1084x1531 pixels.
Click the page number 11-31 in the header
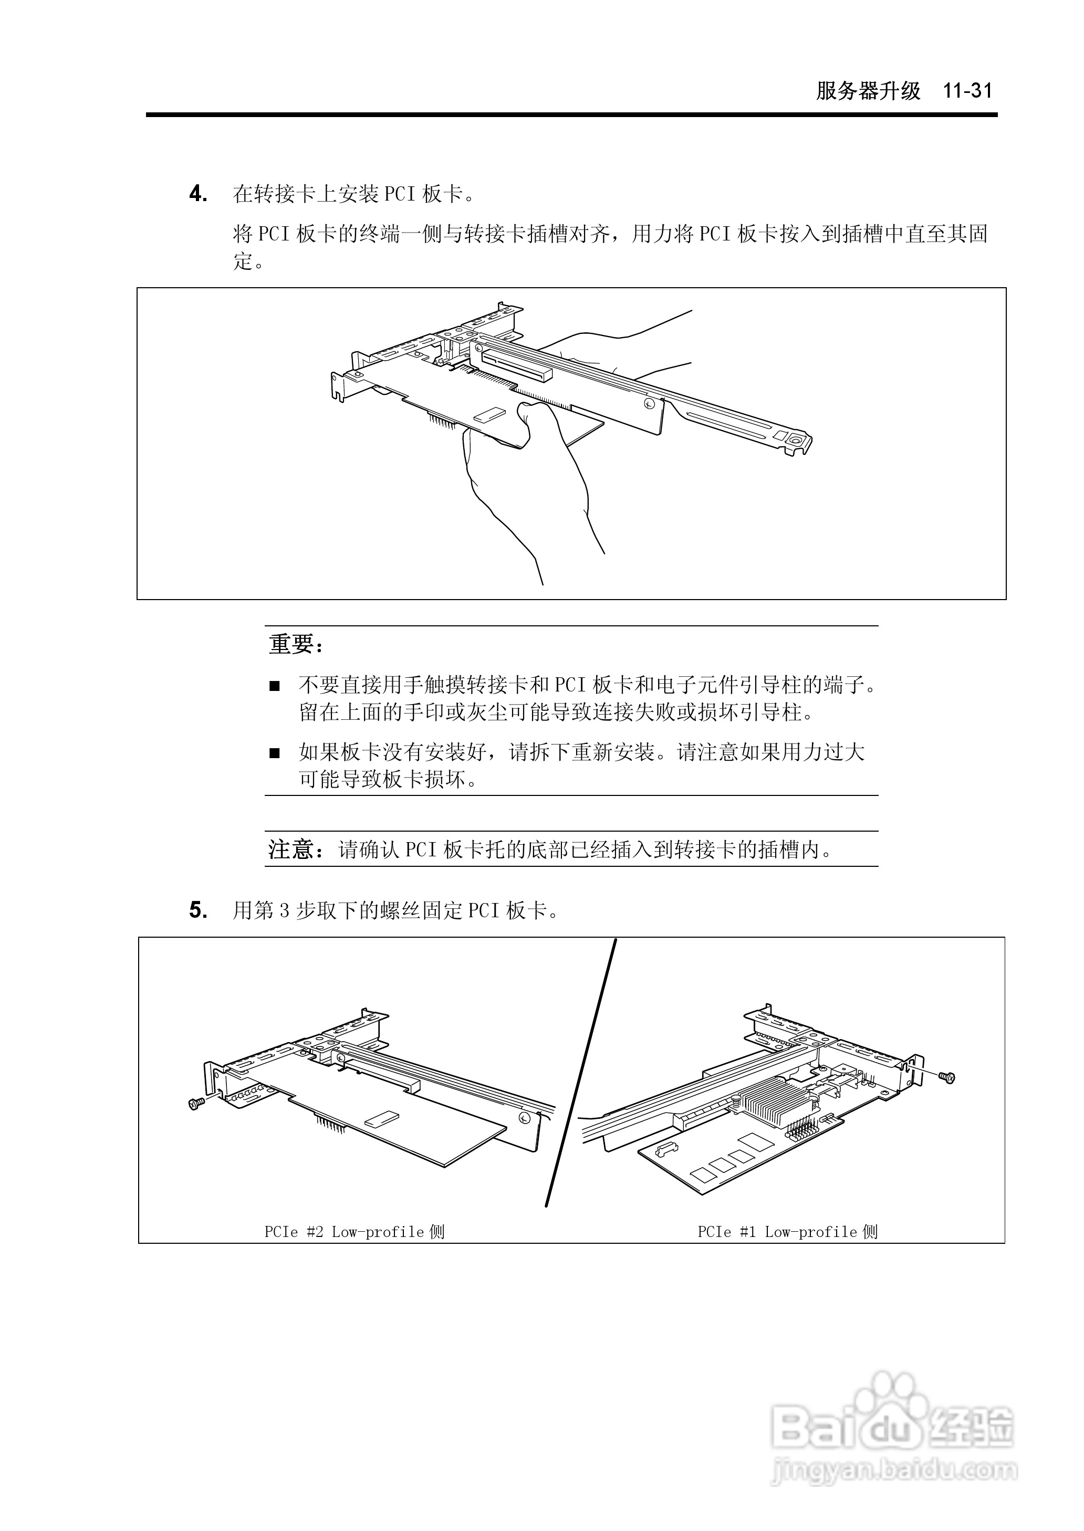pyautogui.click(x=967, y=91)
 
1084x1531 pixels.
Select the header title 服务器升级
pyautogui.click(x=868, y=91)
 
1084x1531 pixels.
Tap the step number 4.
pyautogui.click(x=197, y=194)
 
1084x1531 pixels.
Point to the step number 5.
pyautogui.click(x=197, y=910)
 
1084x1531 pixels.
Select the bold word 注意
pyautogui.click(x=291, y=849)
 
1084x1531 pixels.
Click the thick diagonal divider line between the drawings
pyautogui.click(x=580, y=1074)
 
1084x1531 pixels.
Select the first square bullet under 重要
pyautogui.click(x=274, y=686)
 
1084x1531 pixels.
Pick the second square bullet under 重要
pyautogui.click(x=274, y=753)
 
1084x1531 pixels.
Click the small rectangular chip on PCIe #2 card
pyautogui.click(x=382, y=1118)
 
